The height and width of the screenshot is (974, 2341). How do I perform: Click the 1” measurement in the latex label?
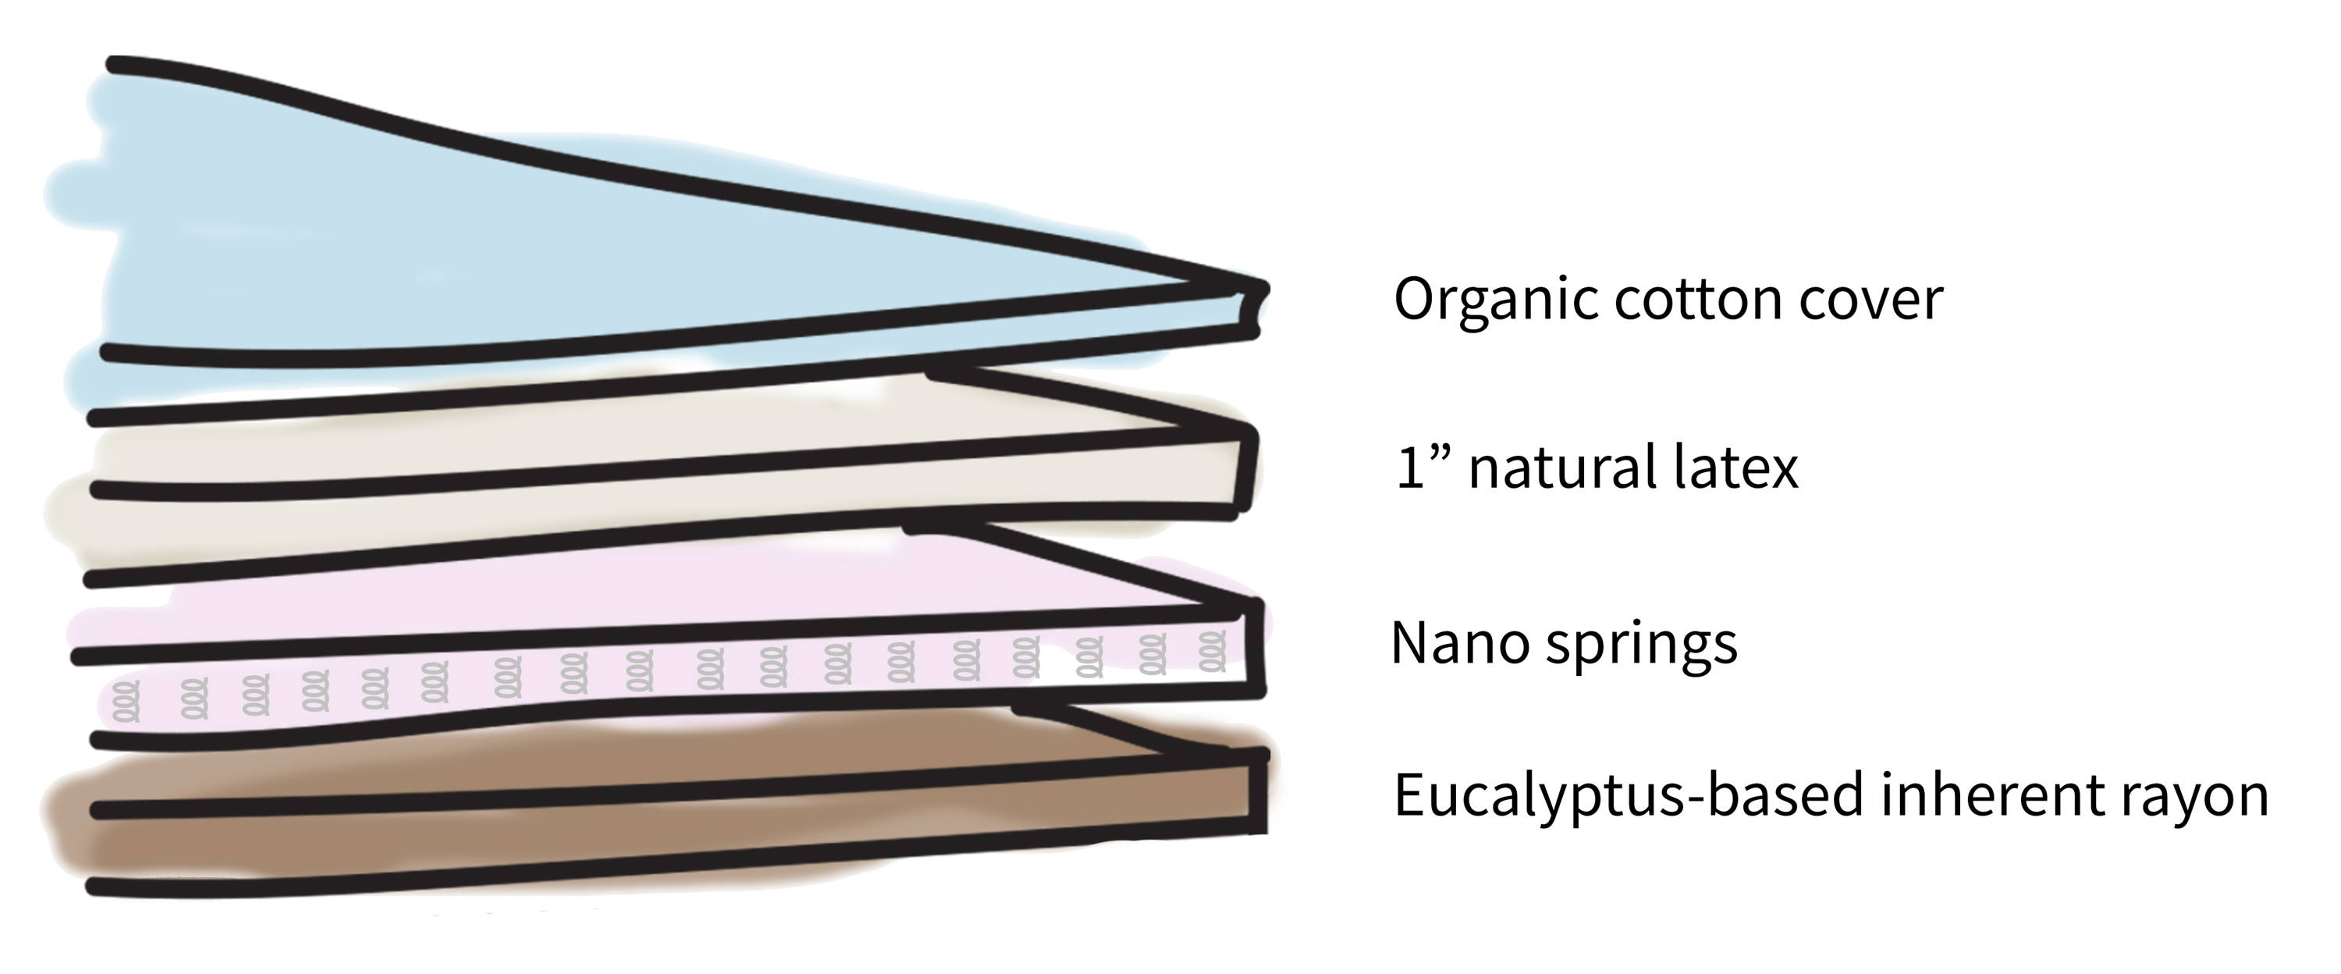point(1423,469)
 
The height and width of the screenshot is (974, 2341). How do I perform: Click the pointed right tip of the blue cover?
point(1263,289)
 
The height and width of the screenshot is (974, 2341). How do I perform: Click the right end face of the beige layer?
point(1247,470)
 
